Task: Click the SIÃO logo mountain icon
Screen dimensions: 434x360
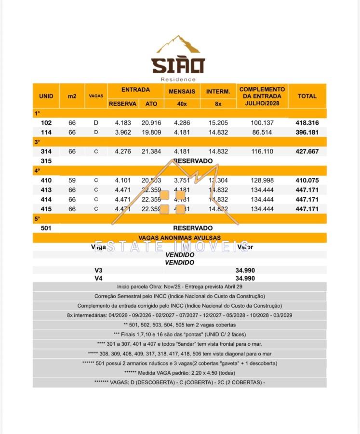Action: click(x=178, y=44)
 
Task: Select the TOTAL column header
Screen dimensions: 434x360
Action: click(x=307, y=96)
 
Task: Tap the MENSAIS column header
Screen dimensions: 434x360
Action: click(x=182, y=91)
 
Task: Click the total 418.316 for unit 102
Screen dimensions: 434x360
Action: click(x=307, y=122)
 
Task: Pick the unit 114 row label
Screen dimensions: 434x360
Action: click(x=46, y=132)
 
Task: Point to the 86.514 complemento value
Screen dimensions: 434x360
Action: click(x=262, y=132)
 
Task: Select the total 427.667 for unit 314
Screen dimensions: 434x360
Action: click(x=307, y=151)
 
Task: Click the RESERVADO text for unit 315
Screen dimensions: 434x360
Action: click(x=193, y=161)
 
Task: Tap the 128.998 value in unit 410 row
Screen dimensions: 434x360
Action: click(x=262, y=180)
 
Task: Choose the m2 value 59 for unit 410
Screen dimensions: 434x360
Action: click(x=72, y=180)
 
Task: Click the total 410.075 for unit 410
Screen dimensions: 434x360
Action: click(x=307, y=180)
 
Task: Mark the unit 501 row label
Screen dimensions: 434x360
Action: click(x=46, y=228)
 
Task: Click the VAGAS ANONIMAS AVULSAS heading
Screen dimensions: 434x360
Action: click(x=179, y=238)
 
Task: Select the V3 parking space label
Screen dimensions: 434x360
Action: click(x=99, y=271)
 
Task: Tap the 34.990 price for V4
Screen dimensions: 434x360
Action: click(x=245, y=278)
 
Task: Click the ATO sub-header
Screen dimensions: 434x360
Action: click(x=151, y=104)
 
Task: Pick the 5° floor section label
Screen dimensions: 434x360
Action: click(x=37, y=218)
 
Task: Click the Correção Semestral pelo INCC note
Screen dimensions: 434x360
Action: click(x=179, y=296)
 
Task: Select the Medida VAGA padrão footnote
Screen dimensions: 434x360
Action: click(x=179, y=372)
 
